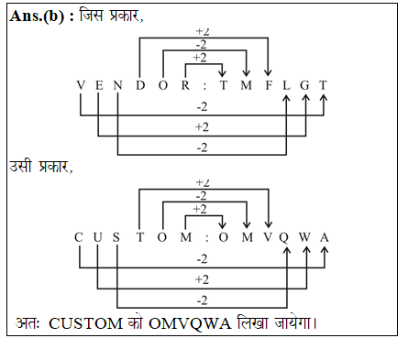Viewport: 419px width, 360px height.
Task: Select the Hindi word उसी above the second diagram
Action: click(24, 167)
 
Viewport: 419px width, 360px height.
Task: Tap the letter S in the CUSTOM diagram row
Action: click(117, 236)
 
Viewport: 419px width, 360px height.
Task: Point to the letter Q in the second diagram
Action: click(287, 236)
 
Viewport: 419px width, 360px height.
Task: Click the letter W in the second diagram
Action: click(307, 236)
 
